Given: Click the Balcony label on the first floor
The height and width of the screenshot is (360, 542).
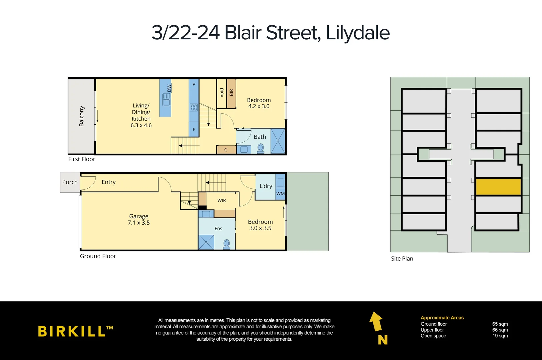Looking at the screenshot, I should [82, 116].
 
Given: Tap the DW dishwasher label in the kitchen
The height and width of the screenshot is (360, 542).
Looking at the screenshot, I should [169, 88].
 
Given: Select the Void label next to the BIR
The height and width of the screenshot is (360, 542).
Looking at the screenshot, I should [222, 92].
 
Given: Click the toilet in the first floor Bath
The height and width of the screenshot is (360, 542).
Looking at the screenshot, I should [261, 148].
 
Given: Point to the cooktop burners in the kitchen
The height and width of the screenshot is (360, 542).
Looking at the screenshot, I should [194, 107].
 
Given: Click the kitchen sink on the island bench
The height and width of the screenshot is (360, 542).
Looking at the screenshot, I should [166, 99].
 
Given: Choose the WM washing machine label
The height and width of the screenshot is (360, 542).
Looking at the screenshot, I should [280, 194].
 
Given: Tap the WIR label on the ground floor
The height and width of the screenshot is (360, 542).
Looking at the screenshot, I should [222, 200].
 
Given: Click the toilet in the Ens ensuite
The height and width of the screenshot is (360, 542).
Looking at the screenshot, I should [227, 244].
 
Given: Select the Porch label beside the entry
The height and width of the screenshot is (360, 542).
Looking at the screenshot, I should [70, 182].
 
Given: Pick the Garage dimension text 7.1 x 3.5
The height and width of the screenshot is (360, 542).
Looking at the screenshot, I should [139, 223].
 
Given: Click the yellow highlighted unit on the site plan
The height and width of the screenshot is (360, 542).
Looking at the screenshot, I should [498, 187].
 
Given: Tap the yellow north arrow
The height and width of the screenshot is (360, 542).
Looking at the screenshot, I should [376, 321].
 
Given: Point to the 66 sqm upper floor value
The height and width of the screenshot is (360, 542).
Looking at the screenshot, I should [500, 330].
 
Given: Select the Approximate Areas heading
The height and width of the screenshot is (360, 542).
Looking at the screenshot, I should [442, 318].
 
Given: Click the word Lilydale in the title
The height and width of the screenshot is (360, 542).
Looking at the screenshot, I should [357, 33].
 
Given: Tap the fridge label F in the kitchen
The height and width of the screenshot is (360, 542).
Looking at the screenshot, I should [194, 130].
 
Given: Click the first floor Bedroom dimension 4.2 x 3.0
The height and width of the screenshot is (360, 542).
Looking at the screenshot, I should [259, 106].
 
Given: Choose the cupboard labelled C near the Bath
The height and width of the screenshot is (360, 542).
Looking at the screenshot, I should [226, 150].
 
